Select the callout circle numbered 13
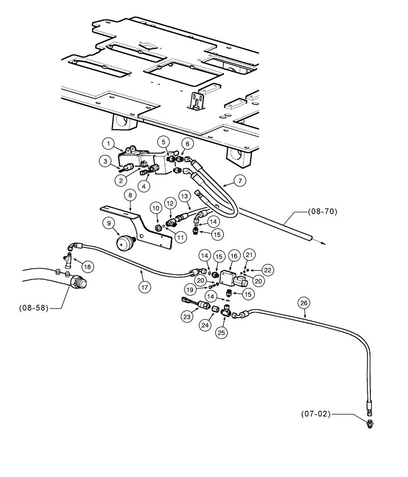(x=184, y=195)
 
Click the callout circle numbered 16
(x=234, y=256)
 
